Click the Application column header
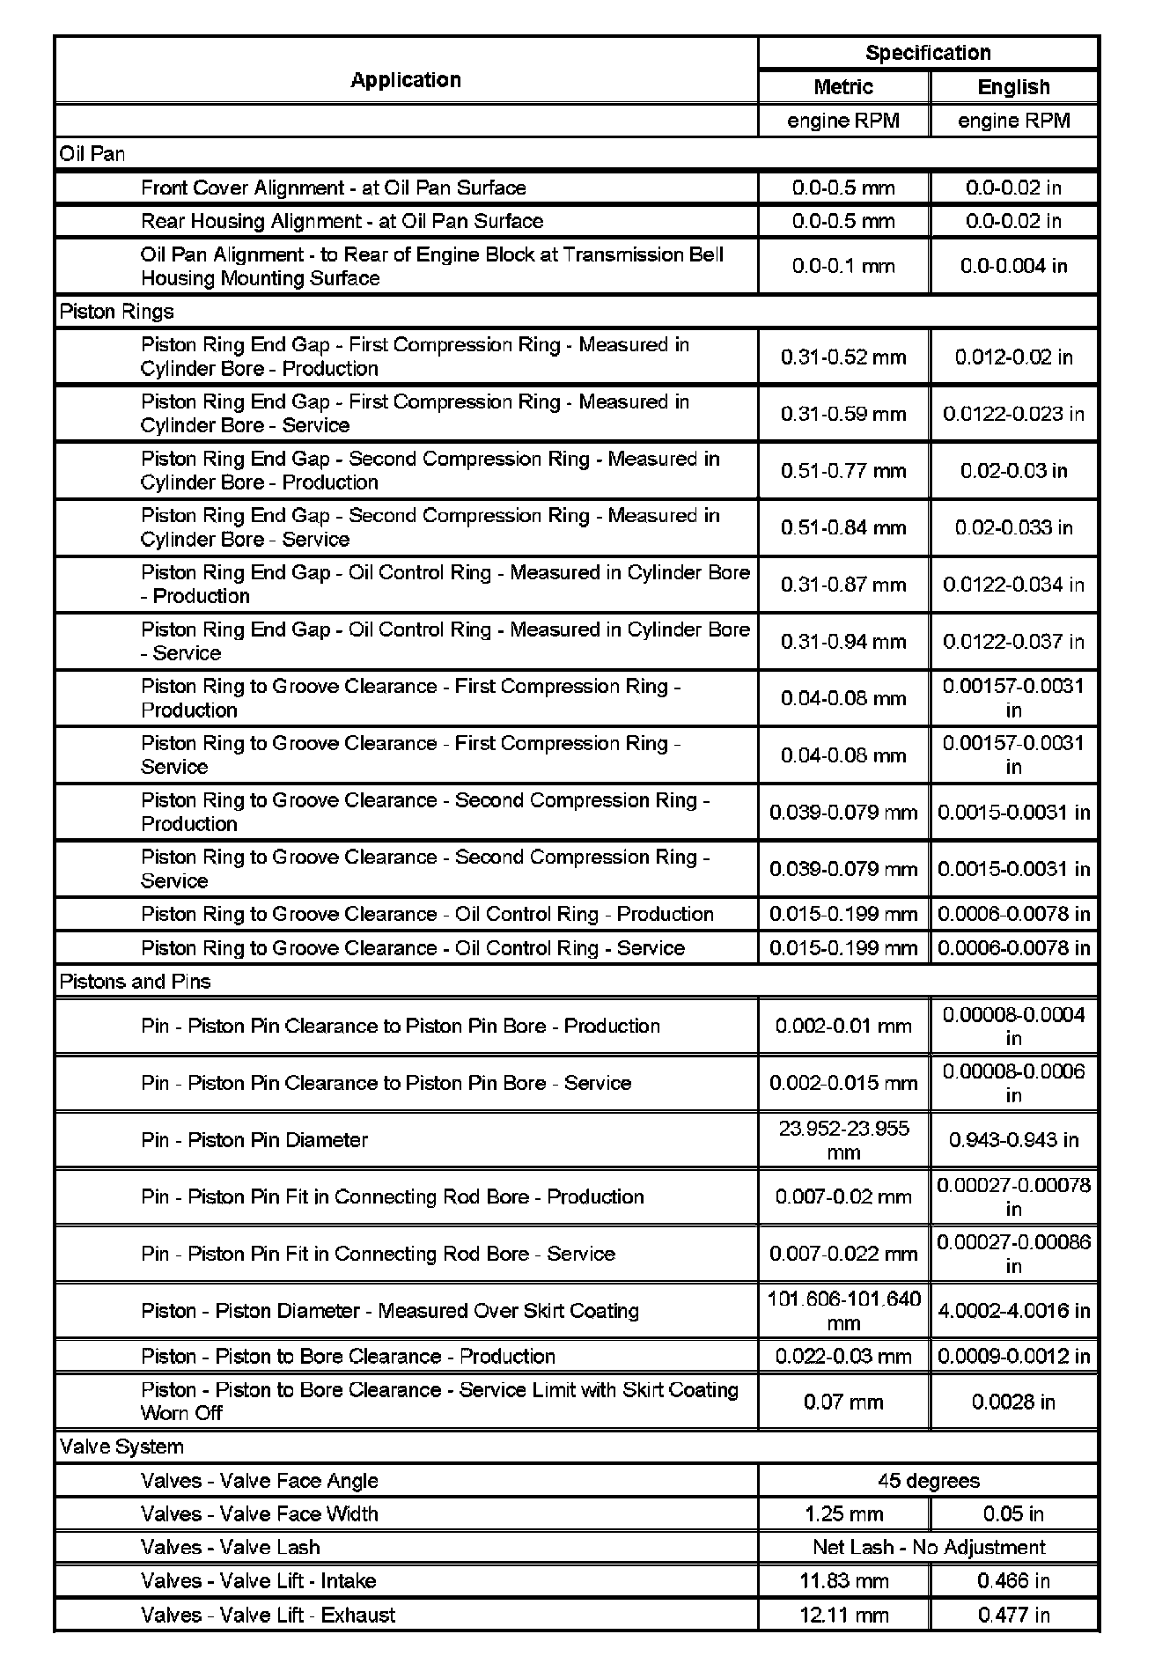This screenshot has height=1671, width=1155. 406,80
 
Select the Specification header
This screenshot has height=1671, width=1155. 928,53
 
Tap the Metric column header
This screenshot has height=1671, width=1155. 843,87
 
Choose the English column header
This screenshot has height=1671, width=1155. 1014,87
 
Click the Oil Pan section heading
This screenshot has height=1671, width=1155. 92,154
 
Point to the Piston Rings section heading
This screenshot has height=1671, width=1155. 116,312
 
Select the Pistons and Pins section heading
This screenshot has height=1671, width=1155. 135,982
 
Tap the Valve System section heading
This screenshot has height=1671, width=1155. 121,1446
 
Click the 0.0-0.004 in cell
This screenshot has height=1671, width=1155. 1014,266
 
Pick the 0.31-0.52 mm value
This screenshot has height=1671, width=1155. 843,357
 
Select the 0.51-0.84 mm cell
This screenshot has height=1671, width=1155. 843,528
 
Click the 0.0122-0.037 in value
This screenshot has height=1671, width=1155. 1014,642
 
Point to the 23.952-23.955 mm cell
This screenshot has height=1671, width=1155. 843,1140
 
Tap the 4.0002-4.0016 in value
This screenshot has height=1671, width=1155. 1014,1311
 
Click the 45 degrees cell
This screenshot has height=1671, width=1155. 928,1481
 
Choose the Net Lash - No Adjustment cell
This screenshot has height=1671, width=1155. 928,1548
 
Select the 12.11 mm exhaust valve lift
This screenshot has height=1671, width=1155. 843,1616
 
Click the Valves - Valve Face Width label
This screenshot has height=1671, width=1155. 260,1514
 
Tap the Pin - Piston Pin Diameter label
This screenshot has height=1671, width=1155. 254,1140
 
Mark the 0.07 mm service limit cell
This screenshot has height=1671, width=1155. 843,1402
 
